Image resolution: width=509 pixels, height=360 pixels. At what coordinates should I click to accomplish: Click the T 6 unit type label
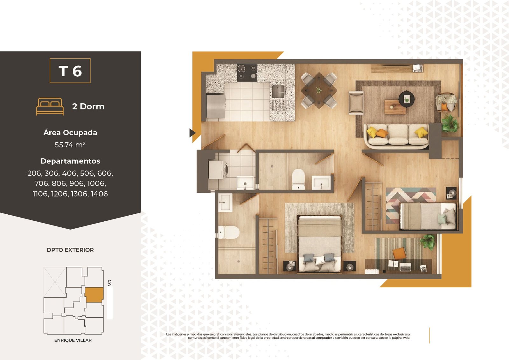coord(70,71)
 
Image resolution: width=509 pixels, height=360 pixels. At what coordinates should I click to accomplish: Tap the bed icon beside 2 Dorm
coord(50,107)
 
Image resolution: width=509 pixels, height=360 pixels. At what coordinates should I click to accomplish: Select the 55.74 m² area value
coord(70,145)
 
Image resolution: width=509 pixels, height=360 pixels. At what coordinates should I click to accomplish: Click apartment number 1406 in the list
coord(99,194)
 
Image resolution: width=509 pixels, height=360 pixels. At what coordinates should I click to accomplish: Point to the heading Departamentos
coord(70,161)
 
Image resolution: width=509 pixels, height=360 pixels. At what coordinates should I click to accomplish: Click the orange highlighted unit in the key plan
coord(94,294)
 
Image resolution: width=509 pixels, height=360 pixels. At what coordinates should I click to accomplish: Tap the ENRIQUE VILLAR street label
coord(73,340)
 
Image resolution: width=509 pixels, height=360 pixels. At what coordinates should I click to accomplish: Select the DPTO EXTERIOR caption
coord(70,250)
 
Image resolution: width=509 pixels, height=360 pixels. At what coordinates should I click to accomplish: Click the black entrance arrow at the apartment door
coord(192,133)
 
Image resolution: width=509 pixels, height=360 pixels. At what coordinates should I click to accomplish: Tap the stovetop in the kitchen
coord(247,73)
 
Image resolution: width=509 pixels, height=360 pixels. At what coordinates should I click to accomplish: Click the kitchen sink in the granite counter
coord(278,92)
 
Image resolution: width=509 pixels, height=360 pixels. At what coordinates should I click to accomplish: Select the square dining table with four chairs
coord(319,90)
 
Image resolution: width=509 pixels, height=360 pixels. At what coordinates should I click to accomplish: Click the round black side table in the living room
coord(407,99)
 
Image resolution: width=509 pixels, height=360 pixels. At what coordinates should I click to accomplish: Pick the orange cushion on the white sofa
coord(381,133)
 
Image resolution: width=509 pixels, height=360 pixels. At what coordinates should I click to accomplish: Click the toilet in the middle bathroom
coord(298,179)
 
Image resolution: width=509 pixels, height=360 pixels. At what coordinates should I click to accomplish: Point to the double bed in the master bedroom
coord(320,244)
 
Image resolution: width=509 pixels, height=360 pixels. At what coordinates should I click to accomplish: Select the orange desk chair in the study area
coord(399,253)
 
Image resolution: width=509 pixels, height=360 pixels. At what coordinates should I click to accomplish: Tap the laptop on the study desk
coord(405,267)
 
